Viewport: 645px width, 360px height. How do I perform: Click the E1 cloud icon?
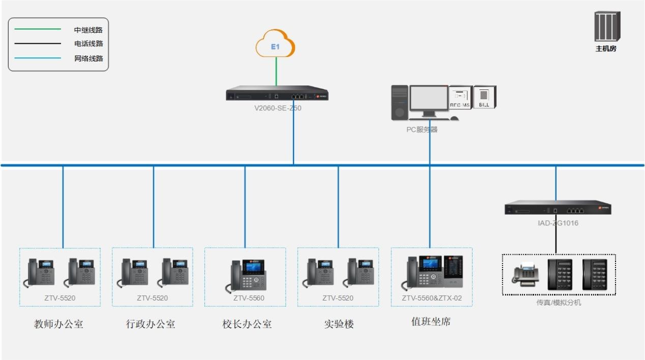[275, 45]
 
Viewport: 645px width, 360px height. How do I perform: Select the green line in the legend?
[38, 29]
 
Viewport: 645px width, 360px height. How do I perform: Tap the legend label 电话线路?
[89, 44]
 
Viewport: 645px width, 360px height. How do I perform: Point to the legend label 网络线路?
[89, 58]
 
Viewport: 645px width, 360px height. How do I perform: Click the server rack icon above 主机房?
[607, 27]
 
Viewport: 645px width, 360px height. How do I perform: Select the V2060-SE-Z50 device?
[277, 94]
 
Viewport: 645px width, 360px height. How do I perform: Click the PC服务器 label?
[422, 129]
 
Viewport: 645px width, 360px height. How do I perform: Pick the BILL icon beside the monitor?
[484, 97]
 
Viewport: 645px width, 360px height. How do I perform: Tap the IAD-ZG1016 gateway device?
[558, 207]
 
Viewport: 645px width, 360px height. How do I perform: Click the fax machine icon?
[524, 274]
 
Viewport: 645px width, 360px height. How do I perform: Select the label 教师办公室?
[58, 324]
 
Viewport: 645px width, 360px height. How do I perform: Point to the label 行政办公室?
[151, 324]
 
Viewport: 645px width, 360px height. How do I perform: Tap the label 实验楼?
[339, 324]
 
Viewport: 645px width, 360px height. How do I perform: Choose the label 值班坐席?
[431, 321]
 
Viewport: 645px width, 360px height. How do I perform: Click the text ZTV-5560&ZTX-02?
[431, 298]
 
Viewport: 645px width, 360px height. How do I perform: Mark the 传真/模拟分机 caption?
[559, 303]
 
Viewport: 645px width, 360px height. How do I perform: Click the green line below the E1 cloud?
[276, 71]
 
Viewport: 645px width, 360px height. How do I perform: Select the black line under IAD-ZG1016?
[555, 239]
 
